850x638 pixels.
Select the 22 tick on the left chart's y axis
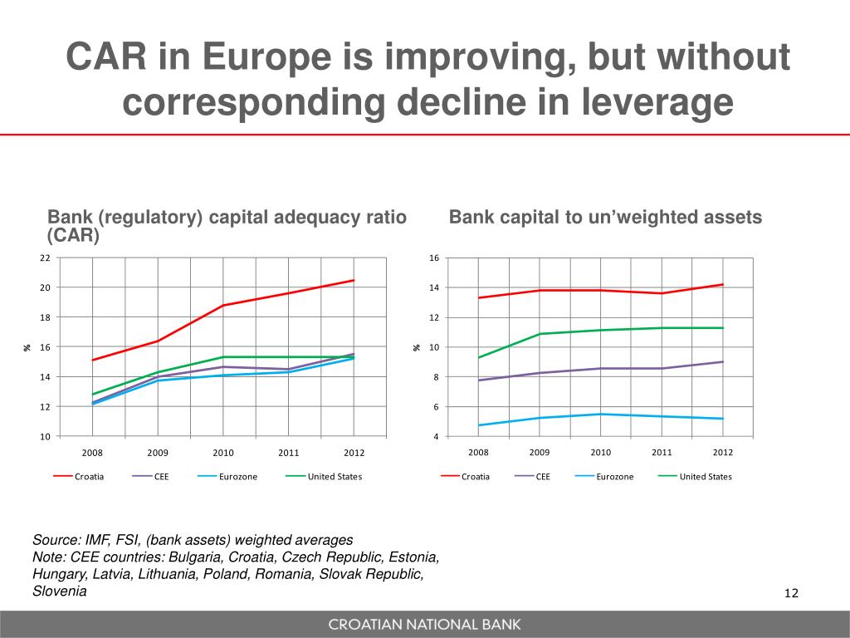(x=45, y=258)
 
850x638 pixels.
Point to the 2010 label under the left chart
(x=223, y=453)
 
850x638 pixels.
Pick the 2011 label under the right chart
(x=662, y=453)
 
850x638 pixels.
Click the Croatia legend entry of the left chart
(x=89, y=477)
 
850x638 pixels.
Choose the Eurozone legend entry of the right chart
(x=614, y=477)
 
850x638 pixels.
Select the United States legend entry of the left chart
(x=335, y=477)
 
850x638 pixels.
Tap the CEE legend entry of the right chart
(x=543, y=477)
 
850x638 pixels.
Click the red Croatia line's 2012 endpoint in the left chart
(x=354, y=280)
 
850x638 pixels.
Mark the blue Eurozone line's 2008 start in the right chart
(x=479, y=425)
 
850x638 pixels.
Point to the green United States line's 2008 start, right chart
(x=479, y=357)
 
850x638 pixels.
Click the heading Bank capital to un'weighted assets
(x=605, y=218)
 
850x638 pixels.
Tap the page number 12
(x=790, y=593)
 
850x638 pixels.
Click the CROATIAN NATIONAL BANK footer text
(x=424, y=625)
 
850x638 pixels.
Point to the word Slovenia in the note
(x=59, y=591)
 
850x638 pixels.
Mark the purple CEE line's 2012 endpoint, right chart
(x=723, y=361)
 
